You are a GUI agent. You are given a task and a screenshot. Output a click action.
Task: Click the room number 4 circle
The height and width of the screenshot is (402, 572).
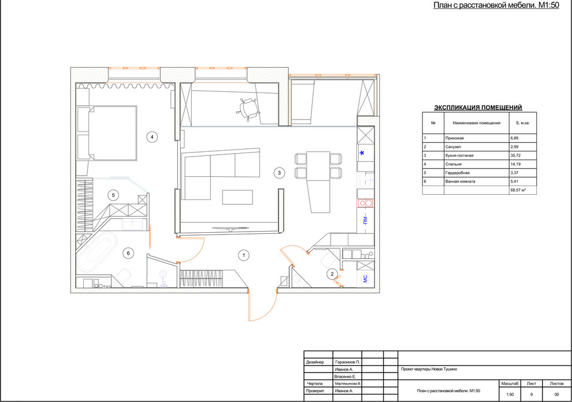[x=152, y=137]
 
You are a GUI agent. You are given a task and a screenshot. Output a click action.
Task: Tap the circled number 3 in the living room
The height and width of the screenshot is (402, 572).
[x=280, y=173]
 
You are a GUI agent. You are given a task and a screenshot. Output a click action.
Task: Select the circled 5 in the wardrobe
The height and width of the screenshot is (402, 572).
[x=113, y=196]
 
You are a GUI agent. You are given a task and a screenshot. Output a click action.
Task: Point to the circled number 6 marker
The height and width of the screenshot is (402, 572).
[x=128, y=253]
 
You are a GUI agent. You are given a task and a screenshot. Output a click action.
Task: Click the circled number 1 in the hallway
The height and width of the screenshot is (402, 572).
[x=244, y=255]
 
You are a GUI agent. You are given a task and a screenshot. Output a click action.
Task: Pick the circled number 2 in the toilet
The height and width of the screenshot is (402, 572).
[x=332, y=274]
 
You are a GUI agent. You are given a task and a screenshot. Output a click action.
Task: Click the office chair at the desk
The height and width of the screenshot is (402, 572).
[x=248, y=109]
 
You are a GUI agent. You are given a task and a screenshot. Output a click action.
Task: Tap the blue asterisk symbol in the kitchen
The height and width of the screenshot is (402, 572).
[x=362, y=154]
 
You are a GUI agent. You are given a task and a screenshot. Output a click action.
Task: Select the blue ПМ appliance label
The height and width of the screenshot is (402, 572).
[x=365, y=220]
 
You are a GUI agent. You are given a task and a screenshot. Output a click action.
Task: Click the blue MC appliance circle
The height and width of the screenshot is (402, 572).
[x=366, y=279]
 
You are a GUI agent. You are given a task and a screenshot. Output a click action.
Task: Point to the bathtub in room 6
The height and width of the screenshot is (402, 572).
[x=98, y=252]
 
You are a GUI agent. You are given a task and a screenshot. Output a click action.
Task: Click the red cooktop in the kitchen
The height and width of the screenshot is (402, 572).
[x=366, y=203]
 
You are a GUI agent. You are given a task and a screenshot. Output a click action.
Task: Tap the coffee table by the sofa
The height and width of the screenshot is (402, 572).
[x=237, y=197]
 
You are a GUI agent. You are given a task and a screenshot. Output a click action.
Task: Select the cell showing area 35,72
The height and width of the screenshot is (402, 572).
[x=523, y=155]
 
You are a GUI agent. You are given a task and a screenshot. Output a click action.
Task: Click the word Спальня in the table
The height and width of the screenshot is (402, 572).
[x=454, y=164]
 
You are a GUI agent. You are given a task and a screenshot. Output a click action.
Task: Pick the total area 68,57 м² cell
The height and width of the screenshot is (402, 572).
[x=523, y=190]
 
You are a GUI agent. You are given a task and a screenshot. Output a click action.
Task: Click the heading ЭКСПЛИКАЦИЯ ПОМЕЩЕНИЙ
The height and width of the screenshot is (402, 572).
[x=478, y=107]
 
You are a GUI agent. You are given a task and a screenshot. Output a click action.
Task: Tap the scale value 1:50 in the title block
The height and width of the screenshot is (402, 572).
[x=510, y=394]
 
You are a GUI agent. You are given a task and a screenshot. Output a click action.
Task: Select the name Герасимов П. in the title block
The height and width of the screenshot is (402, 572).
[x=347, y=362]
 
